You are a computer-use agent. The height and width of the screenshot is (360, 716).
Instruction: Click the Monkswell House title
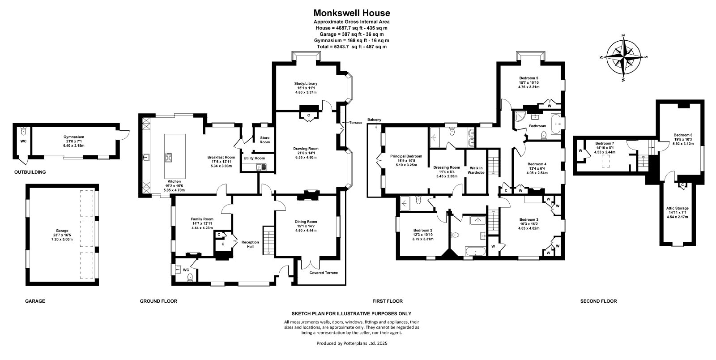coord(352,13)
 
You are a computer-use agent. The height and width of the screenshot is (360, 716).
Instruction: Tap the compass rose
coord(623,58)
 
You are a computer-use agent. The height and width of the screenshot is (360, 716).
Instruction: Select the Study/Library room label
coord(306,83)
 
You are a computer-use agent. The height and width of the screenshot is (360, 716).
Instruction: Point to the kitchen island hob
coord(168,158)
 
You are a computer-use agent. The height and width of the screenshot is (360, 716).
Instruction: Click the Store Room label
coord(264,140)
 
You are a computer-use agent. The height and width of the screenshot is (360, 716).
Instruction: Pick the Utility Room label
coord(254,158)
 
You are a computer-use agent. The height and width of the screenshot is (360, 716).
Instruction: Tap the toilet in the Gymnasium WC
coord(23,131)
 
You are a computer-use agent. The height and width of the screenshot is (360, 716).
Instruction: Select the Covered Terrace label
coord(324,273)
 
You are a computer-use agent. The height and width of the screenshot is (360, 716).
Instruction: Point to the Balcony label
coord(374,120)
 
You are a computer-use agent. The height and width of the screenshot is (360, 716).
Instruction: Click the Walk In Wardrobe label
coord(476,170)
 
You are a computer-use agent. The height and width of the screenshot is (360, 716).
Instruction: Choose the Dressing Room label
coord(447,167)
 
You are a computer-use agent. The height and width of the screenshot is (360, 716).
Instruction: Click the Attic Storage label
coord(678,208)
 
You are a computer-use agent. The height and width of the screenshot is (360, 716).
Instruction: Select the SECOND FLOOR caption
coord(599,301)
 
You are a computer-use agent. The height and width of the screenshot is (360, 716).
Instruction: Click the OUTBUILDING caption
coord(30,172)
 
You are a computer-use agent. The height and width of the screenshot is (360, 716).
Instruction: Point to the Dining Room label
coord(306,222)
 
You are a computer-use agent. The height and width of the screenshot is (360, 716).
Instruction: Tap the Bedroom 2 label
coord(422,230)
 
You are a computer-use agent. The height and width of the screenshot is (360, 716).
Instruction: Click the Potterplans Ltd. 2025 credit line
coord(352,343)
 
